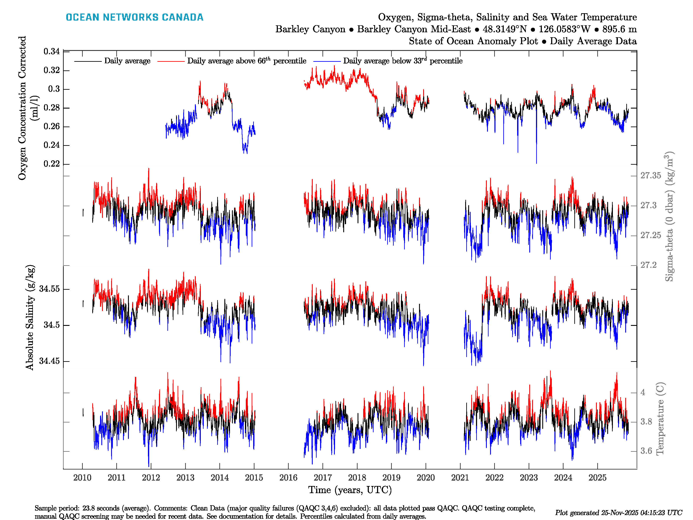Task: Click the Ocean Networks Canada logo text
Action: (134, 17)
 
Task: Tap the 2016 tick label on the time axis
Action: (288, 478)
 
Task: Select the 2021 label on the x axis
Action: (460, 478)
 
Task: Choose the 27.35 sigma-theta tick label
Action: (650, 175)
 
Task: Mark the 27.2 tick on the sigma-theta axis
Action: (648, 265)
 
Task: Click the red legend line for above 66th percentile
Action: (171, 61)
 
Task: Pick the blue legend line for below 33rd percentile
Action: (327, 61)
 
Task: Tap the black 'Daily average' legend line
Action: (88, 61)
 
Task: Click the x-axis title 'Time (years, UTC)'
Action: (350, 490)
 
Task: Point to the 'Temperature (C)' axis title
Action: (660, 418)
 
